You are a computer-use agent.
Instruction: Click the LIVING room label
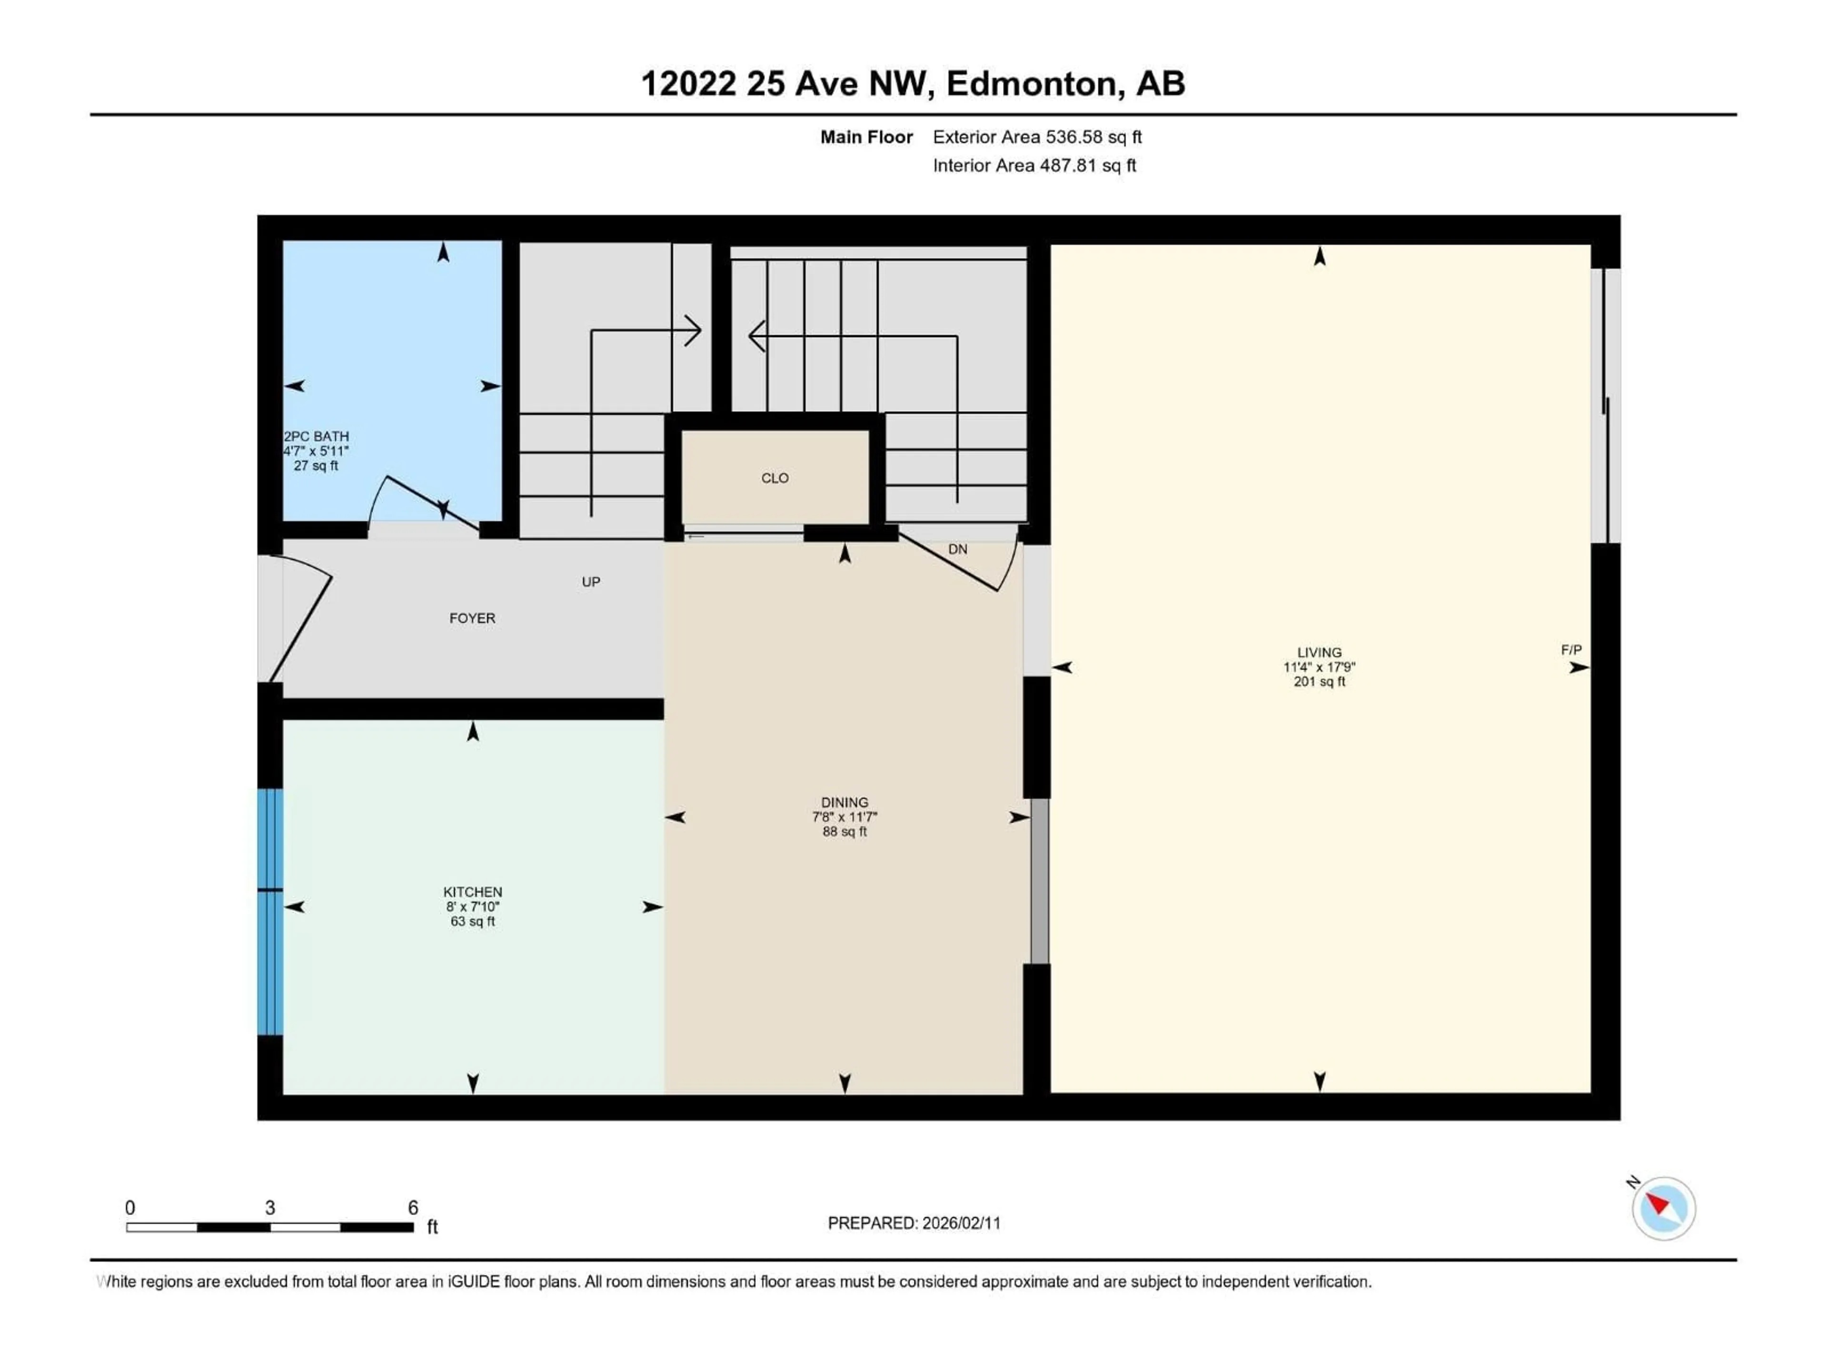[x=1319, y=652]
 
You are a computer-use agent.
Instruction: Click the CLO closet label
[x=775, y=477]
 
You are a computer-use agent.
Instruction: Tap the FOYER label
[x=472, y=618]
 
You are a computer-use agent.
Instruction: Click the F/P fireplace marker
[x=1571, y=649]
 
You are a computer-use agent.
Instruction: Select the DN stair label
[x=957, y=549]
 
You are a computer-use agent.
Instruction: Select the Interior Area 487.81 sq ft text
[x=1034, y=165]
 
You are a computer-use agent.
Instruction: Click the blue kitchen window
[x=269, y=912]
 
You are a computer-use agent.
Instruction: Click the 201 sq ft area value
[x=1319, y=682]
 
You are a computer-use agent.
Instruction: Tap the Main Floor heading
[x=865, y=137]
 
